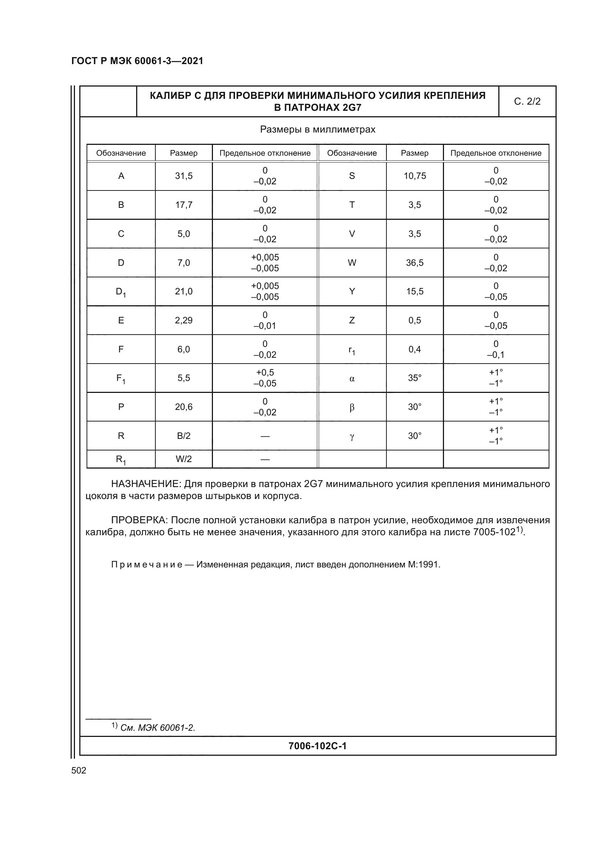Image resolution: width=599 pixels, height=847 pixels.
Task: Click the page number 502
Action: click(79, 770)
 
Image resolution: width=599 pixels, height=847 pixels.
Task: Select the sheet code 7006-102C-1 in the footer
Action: click(317, 746)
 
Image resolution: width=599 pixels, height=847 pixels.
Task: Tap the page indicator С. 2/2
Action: click(527, 101)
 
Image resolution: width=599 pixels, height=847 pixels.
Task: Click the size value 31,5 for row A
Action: click(184, 176)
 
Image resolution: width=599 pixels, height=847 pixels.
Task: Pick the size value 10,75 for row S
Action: click(415, 176)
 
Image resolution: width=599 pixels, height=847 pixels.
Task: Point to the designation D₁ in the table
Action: click(121, 292)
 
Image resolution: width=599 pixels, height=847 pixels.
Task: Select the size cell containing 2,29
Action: click(184, 320)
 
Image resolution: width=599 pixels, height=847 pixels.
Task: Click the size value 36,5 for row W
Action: click(415, 263)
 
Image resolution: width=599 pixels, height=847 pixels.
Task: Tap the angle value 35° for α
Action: click(415, 378)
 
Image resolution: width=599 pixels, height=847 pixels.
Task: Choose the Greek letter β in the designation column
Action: click(352, 407)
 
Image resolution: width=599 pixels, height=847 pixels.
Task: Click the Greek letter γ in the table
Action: click(352, 436)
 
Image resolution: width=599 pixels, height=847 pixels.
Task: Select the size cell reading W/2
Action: click(184, 459)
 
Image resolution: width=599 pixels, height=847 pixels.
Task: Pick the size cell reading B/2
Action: click(184, 436)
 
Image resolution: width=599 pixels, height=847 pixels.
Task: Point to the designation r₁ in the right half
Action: click(352, 350)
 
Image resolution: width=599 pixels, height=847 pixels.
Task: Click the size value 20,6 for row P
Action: click(184, 407)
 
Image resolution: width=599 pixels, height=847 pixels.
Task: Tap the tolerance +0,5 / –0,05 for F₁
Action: click(265, 378)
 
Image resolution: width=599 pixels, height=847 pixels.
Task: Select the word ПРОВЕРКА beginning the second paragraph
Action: click(139, 520)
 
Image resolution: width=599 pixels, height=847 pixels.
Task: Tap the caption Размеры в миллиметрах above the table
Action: click(318, 130)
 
